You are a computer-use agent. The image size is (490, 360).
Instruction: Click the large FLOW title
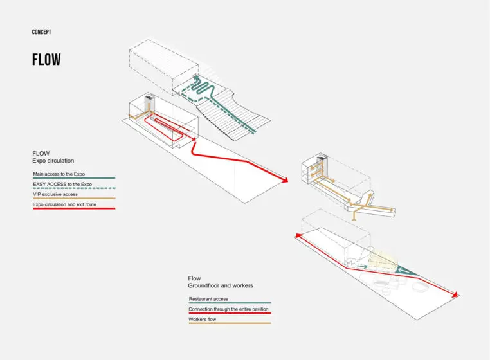click(x=46, y=60)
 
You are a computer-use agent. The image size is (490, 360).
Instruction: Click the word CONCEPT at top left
click(x=41, y=32)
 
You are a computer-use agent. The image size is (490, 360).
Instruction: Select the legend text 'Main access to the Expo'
click(x=59, y=174)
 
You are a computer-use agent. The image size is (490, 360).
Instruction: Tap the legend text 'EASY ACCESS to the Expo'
click(x=62, y=184)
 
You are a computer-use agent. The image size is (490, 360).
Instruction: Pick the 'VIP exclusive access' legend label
click(x=55, y=194)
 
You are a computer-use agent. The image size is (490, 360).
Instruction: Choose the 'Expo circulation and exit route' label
click(x=66, y=204)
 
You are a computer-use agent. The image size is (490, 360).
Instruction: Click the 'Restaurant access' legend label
click(x=208, y=299)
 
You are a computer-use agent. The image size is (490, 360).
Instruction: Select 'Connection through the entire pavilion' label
click(x=228, y=309)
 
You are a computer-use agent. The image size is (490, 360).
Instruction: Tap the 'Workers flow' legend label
click(x=203, y=319)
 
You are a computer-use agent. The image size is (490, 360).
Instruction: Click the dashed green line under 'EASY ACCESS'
click(x=73, y=188)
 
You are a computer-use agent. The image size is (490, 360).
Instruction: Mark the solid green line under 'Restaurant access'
click(x=230, y=303)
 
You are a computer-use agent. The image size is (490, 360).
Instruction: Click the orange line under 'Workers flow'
click(x=230, y=323)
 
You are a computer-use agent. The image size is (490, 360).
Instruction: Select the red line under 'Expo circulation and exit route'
click(x=73, y=209)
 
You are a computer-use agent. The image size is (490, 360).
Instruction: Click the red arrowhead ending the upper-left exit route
click(x=285, y=180)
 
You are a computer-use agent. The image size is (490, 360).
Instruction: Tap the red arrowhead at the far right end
click(x=456, y=294)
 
